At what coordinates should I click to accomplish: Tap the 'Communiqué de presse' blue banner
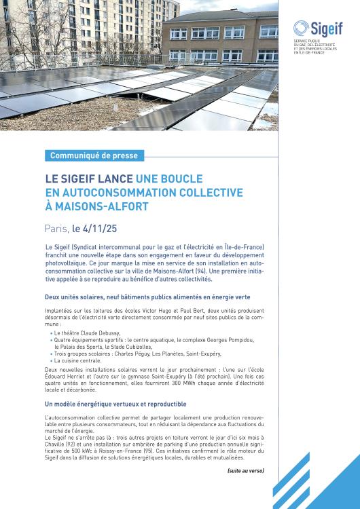click(x=94, y=155)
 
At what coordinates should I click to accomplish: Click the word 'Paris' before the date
click(x=56, y=229)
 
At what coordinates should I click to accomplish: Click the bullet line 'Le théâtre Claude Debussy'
click(x=88, y=333)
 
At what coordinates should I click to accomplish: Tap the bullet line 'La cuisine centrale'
click(x=80, y=360)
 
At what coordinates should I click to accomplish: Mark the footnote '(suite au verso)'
click(x=245, y=470)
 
